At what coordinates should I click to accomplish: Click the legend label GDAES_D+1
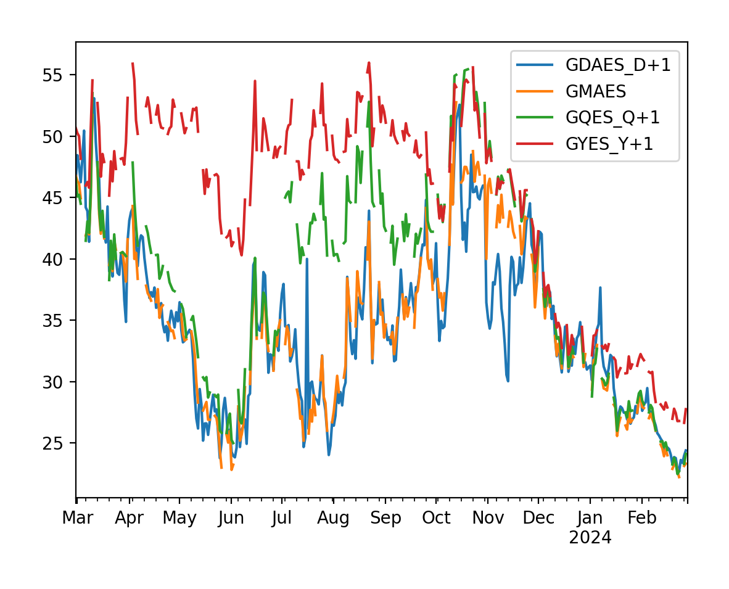click(618, 65)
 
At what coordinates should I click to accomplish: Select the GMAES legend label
click(596, 92)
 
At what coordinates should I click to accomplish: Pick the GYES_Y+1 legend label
click(609, 144)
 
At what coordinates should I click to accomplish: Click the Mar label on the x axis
click(77, 518)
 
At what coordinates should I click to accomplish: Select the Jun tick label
click(231, 518)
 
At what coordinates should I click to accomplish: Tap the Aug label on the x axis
click(333, 518)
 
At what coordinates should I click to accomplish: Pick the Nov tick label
click(487, 518)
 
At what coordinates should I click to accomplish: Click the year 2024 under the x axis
click(590, 538)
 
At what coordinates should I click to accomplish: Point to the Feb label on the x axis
click(641, 518)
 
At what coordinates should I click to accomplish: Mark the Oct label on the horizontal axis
click(436, 518)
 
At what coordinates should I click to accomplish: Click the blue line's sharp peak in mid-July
click(307, 259)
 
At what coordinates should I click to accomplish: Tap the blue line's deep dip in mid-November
click(508, 381)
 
